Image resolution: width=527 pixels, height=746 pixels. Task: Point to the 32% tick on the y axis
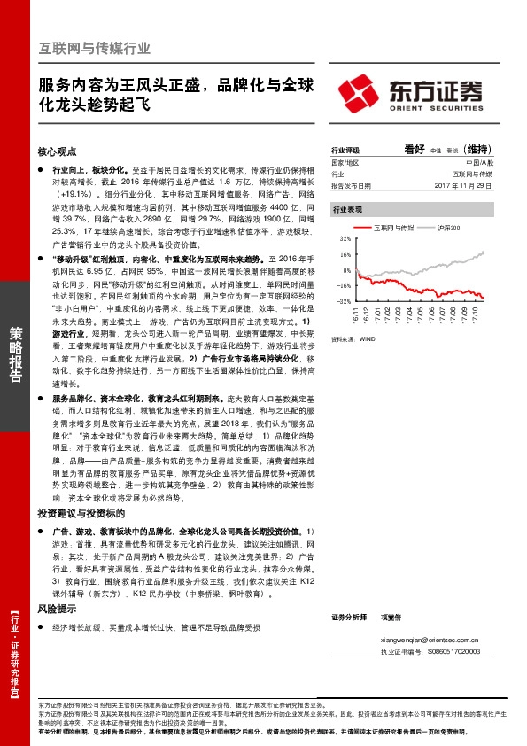point(345,239)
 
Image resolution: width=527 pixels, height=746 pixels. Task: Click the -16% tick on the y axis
point(344,285)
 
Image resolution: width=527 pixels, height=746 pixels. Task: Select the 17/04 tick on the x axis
point(407,314)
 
